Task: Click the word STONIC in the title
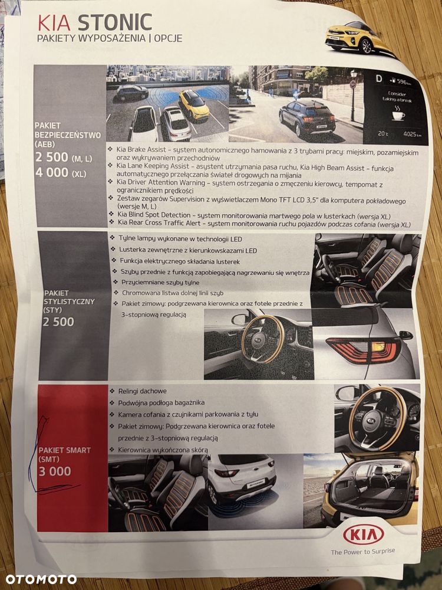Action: pos(115,22)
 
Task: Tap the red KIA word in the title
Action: pos(54,22)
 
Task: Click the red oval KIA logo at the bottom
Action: pos(364,535)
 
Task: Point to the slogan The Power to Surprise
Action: pos(362,552)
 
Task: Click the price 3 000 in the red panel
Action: pos(54,471)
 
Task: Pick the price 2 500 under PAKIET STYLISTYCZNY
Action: pos(58,322)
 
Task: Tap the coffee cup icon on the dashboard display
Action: pos(398,115)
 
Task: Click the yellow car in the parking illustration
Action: pos(194,105)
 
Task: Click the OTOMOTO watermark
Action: pos(41,579)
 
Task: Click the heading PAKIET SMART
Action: pos(65,450)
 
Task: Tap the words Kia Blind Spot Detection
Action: pos(154,215)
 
